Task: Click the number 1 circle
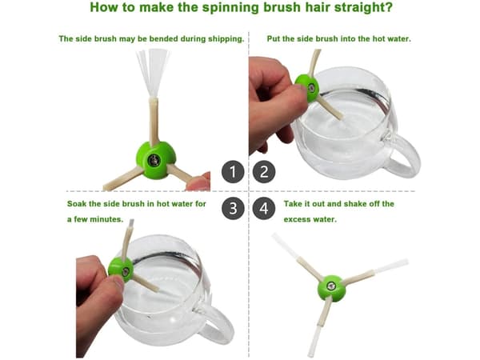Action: click(x=233, y=172)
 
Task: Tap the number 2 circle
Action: click(x=264, y=172)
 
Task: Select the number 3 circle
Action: click(x=233, y=209)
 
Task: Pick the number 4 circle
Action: click(x=264, y=209)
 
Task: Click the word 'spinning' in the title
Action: click(x=230, y=7)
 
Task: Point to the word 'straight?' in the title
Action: click(x=363, y=7)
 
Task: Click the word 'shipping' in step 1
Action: click(x=226, y=39)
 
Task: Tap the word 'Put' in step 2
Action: click(x=273, y=39)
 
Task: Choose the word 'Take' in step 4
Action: click(x=292, y=203)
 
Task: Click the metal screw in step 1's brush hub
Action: click(x=154, y=160)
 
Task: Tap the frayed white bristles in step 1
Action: click(x=153, y=73)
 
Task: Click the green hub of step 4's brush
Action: click(x=331, y=287)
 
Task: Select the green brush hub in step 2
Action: click(x=307, y=87)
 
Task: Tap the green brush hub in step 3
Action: click(x=121, y=270)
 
